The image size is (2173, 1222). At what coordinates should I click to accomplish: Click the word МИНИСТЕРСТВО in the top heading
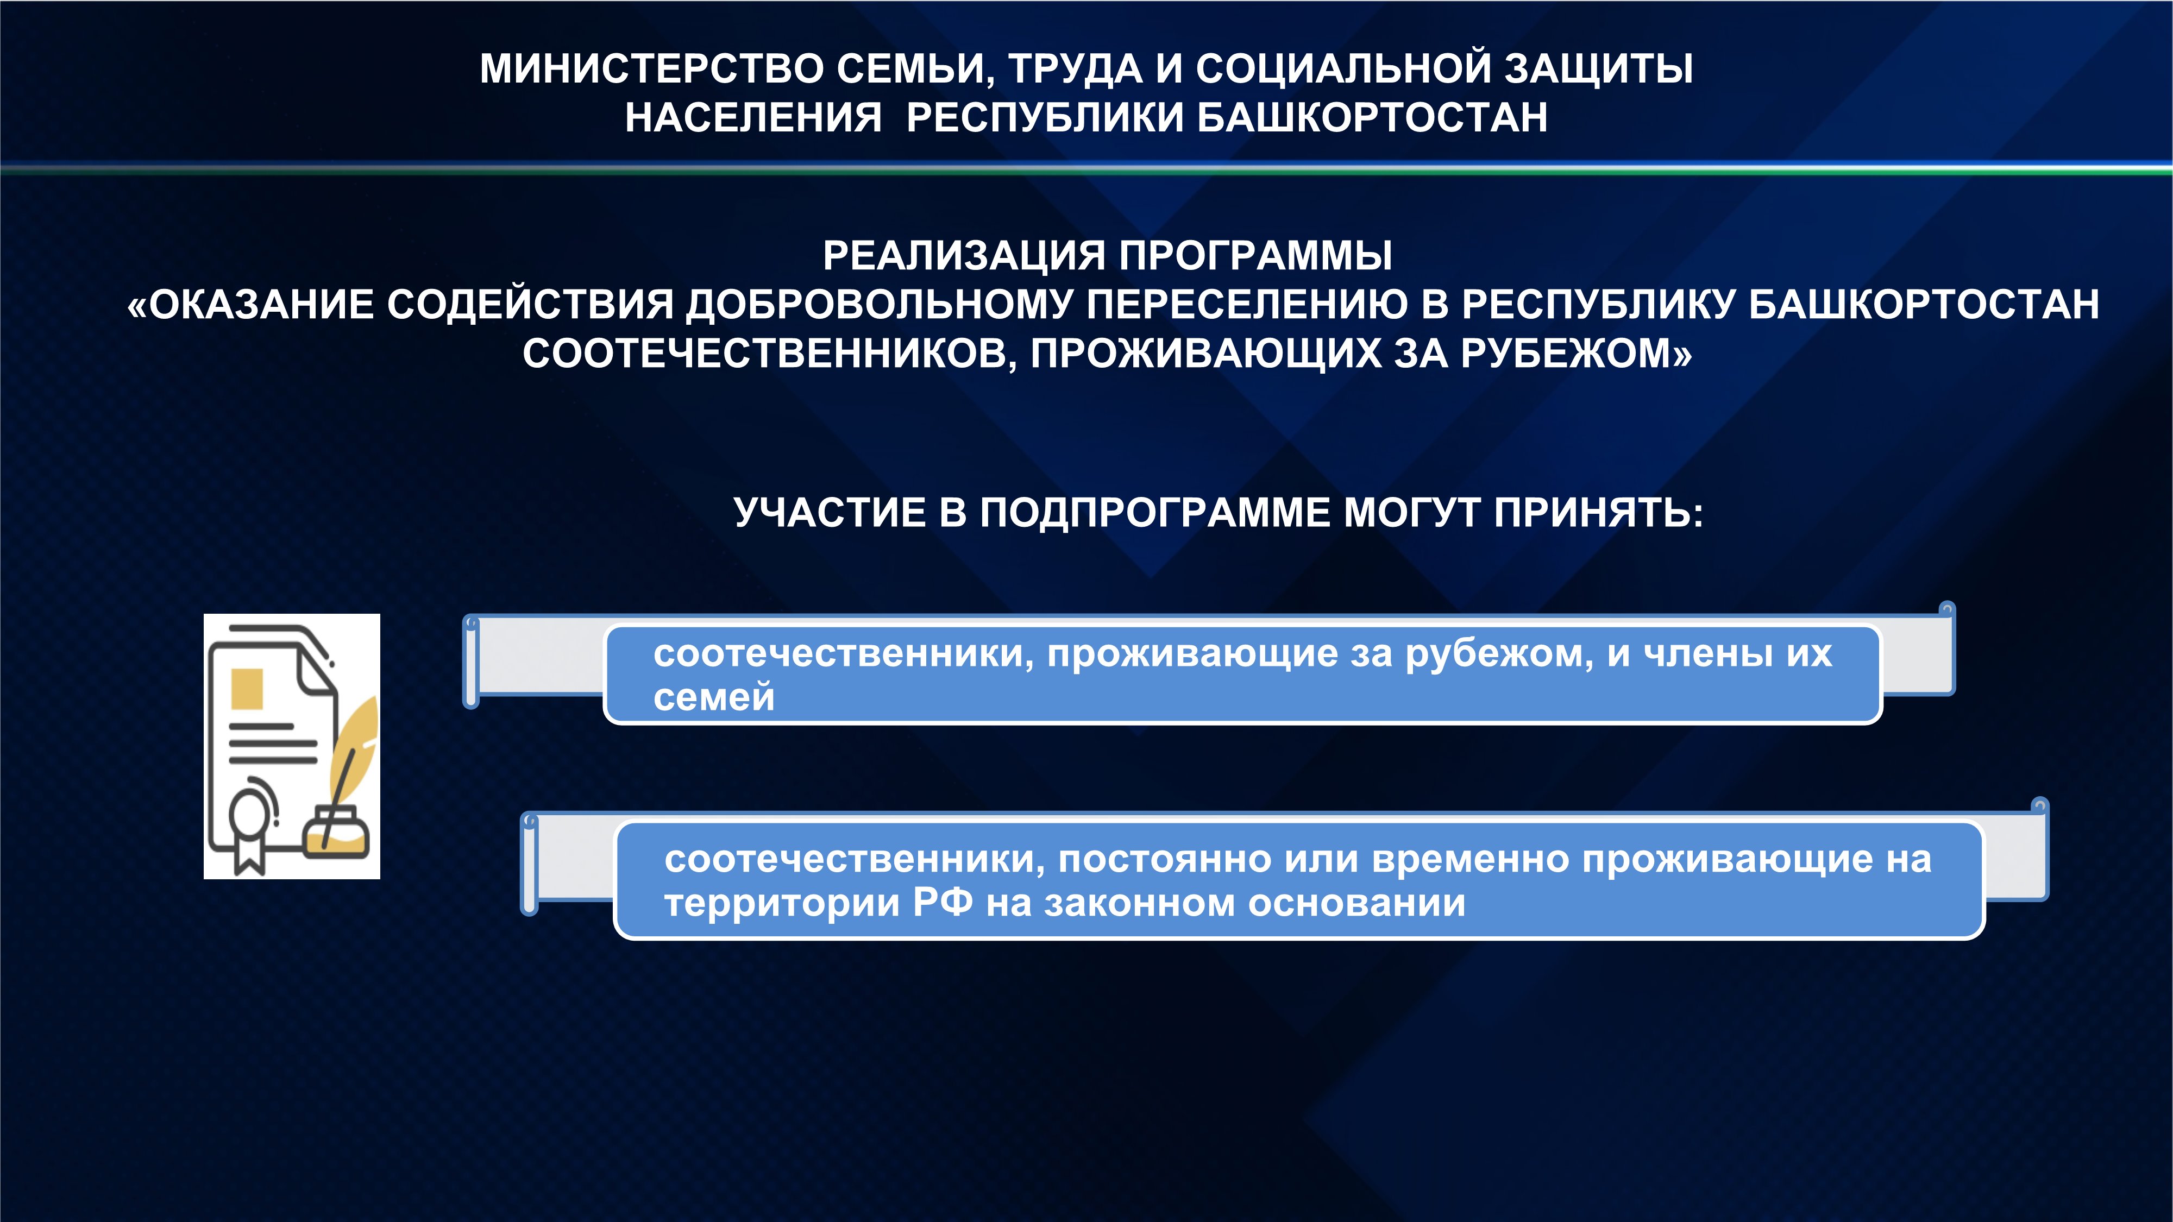click(651, 68)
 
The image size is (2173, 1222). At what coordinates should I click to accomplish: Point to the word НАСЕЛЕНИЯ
click(753, 117)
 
